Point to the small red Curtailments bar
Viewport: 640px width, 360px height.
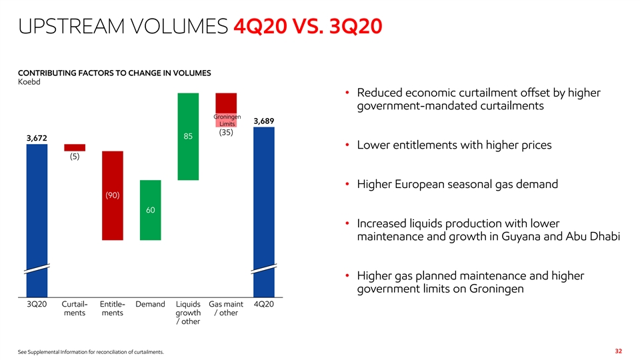pyautogui.click(x=75, y=147)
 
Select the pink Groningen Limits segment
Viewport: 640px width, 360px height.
pyautogui.click(x=226, y=119)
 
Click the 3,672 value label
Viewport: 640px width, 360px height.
pyautogui.click(x=37, y=137)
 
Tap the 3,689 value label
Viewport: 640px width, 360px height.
pyautogui.click(x=263, y=121)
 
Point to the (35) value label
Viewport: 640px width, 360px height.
pyautogui.click(x=227, y=132)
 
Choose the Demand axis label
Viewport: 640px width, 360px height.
pyautogui.click(x=150, y=305)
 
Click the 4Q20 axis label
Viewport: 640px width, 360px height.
pyautogui.click(x=265, y=305)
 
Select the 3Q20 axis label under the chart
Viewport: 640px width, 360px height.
pyautogui.click(x=37, y=305)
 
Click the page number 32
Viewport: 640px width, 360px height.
pyautogui.click(x=618, y=351)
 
